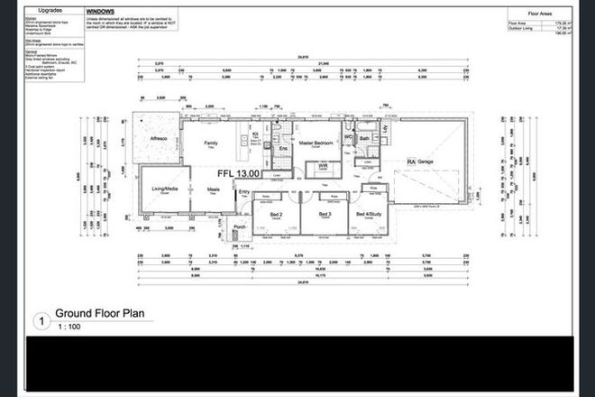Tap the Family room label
tap(211, 143)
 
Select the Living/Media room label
tap(164, 189)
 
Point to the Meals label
tap(214, 189)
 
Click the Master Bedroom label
tap(317, 143)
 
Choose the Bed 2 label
tap(275, 214)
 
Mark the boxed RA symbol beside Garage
tap(411, 162)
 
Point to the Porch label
tap(241, 227)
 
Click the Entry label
tap(243, 191)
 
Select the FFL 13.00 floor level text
tap(238, 172)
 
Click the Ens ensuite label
tap(282, 147)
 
